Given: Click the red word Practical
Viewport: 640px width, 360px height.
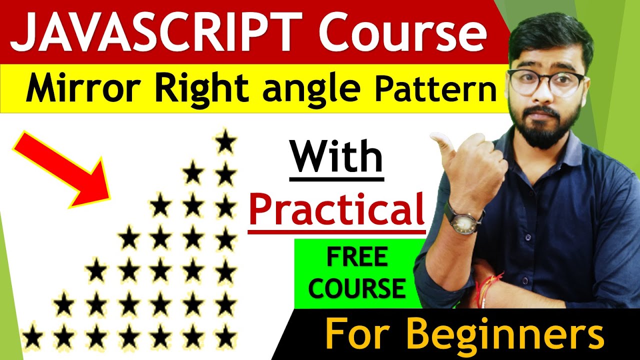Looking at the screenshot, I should [336, 210].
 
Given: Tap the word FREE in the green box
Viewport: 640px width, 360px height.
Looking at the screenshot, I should [357, 257].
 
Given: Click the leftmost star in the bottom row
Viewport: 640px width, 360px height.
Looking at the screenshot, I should [32, 336].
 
